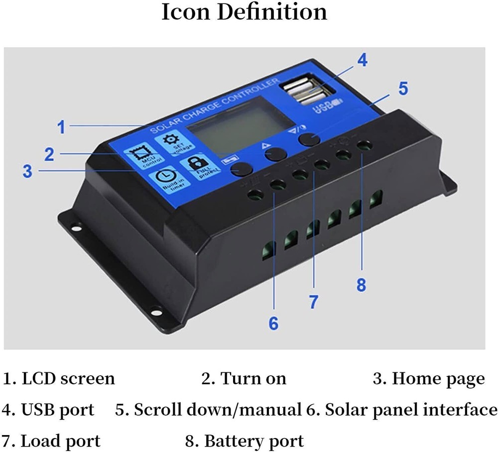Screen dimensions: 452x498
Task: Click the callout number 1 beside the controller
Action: coord(61,127)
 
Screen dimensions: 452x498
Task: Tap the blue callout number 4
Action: coord(362,60)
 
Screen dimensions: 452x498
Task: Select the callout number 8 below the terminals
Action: coord(362,285)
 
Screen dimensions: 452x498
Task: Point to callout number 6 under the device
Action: coord(273,323)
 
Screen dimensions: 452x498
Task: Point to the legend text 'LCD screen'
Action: coord(68,379)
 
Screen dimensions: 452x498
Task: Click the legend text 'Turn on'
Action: coord(253,379)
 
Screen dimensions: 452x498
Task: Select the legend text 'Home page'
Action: coord(438,379)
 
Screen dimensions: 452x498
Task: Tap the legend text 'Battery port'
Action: coord(253,441)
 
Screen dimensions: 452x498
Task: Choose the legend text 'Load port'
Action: coord(60,441)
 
